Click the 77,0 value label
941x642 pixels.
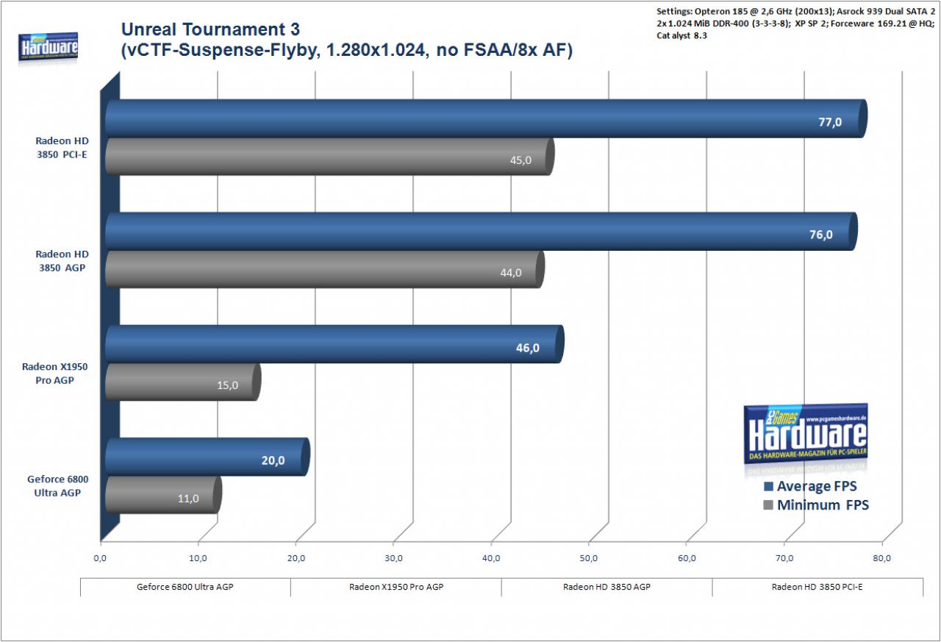point(830,122)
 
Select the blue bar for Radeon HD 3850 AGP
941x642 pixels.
point(482,232)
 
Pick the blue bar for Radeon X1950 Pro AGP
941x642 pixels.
point(334,344)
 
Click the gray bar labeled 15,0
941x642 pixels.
point(183,382)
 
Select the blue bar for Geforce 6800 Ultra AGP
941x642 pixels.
point(207,457)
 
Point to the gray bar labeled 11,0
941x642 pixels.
point(163,494)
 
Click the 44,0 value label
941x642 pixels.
point(510,273)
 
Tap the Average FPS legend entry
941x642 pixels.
point(810,486)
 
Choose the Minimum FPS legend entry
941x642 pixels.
point(816,504)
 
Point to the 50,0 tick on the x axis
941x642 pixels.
point(588,558)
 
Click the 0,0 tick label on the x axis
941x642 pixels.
point(100,558)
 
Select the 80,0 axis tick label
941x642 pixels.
point(881,558)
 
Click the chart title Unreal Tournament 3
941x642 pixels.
point(210,29)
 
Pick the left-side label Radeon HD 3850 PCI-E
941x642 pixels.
point(62,148)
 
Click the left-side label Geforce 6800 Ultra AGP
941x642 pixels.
point(57,486)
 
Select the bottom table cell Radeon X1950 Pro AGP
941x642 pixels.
point(396,587)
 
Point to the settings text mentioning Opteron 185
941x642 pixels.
point(795,24)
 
